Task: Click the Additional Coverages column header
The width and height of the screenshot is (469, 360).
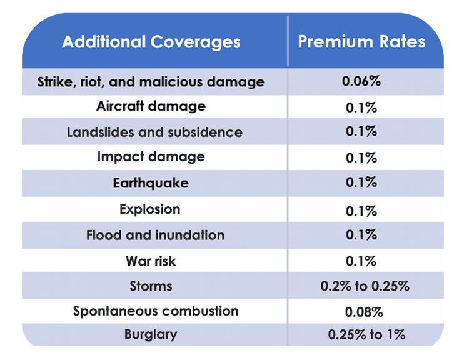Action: pyautogui.click(x=151, y=42)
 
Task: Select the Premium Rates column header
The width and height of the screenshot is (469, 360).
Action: pyautogui.click(x=361, y=42)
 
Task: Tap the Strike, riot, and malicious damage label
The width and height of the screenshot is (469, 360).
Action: pyautogui.click(x=151, y=82)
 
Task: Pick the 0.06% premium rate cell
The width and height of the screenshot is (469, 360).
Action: pyautogui.click(x=361, y=82)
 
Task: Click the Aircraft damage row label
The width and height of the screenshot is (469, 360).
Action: pyautogui.click(x=151, y=106)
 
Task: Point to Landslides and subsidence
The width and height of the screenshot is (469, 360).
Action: pyautogui.click(x=154, y=132)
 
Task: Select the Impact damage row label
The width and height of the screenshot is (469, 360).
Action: pyautogui.click(x=151, y=157)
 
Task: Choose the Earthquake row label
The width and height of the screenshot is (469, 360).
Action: pyautogui.click(x=151, y=184)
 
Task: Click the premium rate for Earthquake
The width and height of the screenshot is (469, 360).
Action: pyautogui.click(x=361, y=182)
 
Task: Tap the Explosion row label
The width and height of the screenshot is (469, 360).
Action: pyautogui.click(x=151, y=209)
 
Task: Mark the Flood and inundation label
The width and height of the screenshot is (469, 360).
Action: pyautogui.click(x=155, y=236)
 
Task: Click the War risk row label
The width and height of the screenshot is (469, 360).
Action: pyautogui.click(x=151, y=261)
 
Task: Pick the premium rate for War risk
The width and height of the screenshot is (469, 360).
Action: pyautogui.click(x=361, y=261)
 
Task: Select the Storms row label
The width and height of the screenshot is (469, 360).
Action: pyautogui.click(x=151, y=287)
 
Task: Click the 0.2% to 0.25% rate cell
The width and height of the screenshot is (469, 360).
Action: pyautogui.click(x=365, y=287)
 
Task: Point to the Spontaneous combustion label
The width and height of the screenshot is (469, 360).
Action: pyautogui.click(x=156, y=311)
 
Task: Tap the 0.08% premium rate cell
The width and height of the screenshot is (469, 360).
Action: pyautogui.click(x=363, y=312)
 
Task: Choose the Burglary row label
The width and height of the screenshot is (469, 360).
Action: pyautogui.click(x=151, y=334)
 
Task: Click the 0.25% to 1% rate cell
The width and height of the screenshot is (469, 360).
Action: pyautogui.click(x=366, y=335)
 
